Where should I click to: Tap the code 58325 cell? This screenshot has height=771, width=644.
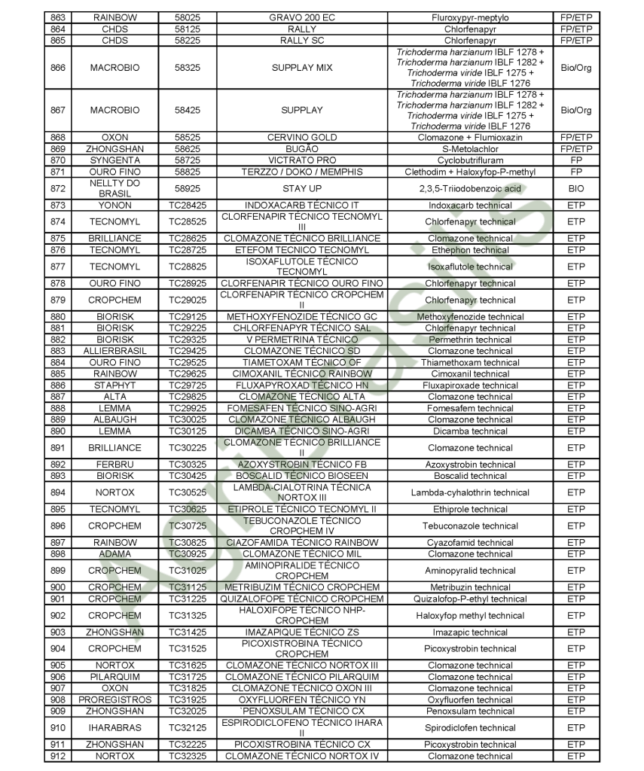click(x=186, y=68)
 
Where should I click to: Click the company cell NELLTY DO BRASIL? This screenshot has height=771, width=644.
click(x=114, y=188)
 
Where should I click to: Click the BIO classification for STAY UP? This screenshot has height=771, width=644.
click(x=575, y=188)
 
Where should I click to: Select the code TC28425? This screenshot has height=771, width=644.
click(x=186, y=205)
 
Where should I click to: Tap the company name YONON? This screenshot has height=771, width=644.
click(x=114, y=205)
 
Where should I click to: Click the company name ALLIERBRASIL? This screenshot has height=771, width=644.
click(x=114, y=351)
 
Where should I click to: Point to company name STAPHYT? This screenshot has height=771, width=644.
click(x=114, y=385)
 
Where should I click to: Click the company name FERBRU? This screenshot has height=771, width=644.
click(x=114, y=465)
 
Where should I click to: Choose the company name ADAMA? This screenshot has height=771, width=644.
click(x=114, y=553)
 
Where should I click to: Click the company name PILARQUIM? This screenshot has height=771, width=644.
click(x=114, y=676)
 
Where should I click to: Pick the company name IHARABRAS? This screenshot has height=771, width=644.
click(x=114, y=727)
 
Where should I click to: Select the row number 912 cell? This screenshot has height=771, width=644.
click(x=57, y=756)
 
